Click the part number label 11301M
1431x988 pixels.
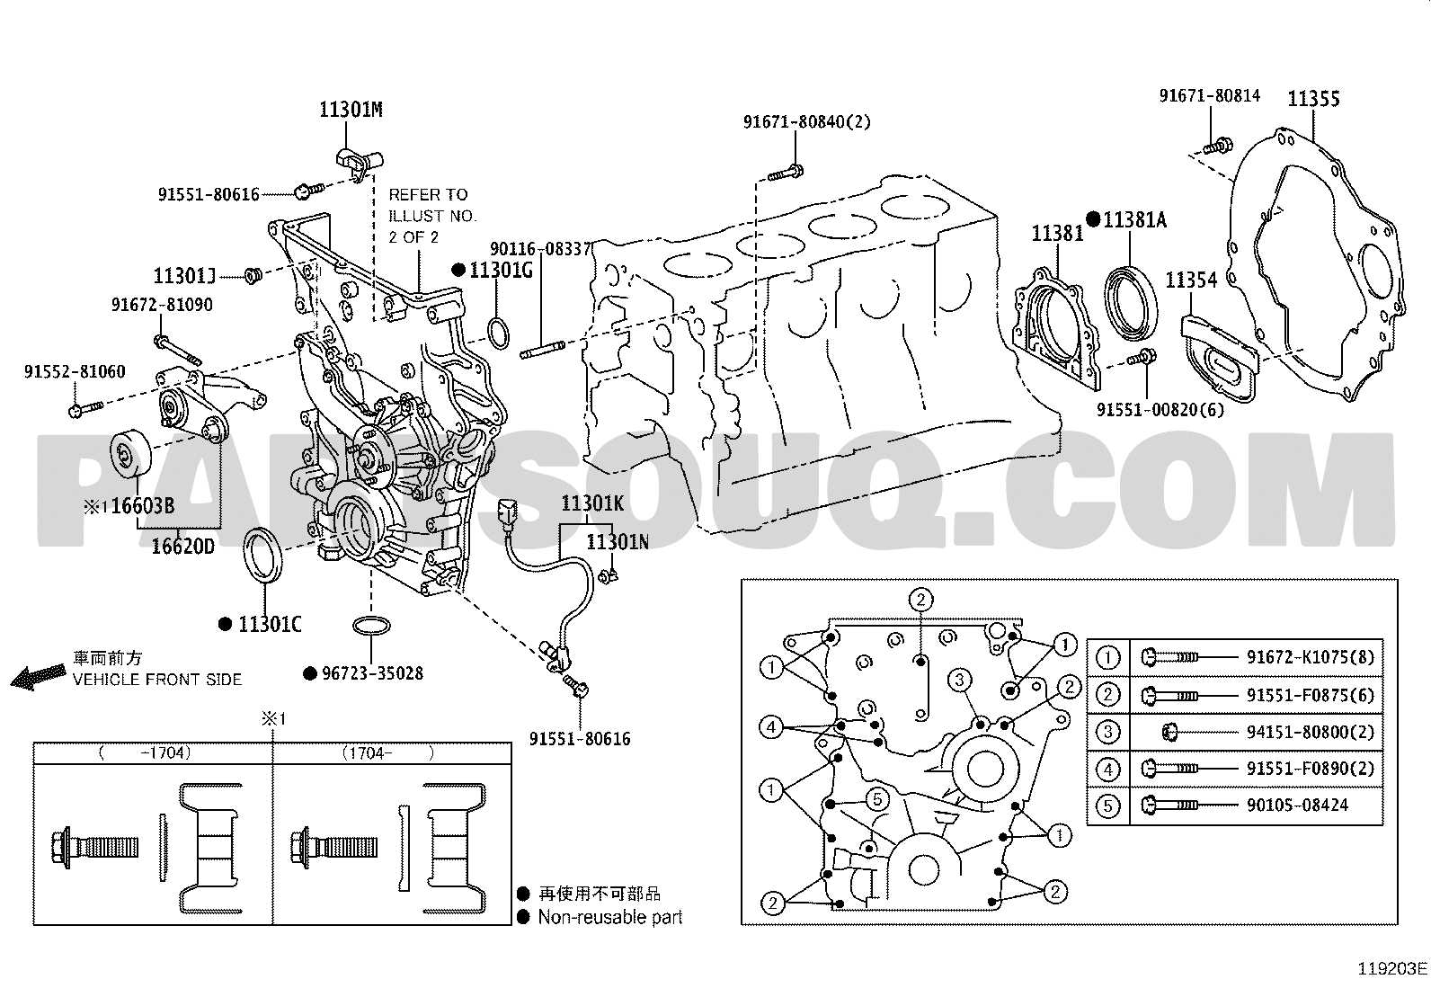click(351, 111)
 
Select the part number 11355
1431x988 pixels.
click(1313, 99)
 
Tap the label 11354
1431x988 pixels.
click(1191, 280)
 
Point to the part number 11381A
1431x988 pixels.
click(1134, 219)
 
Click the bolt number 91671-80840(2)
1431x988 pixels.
click(806, 122)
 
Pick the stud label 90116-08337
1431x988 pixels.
click(540, 248)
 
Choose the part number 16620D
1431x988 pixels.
click(182, 546)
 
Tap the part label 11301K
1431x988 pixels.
click(592, 503)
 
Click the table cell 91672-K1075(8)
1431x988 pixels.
click(1310, 657)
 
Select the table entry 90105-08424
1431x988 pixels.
click(1297, 805)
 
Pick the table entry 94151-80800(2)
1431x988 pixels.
click(1310, 732)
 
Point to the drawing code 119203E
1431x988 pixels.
click(1391, 969)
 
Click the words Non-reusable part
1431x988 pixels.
click(609, 918)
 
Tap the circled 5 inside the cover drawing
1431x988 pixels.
click(878, 797)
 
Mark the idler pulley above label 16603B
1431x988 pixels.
click(129, 456)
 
